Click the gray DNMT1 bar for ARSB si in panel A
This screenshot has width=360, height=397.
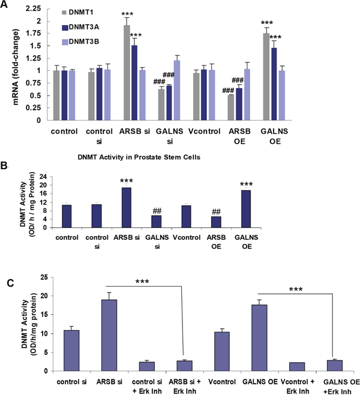point(127,73)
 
